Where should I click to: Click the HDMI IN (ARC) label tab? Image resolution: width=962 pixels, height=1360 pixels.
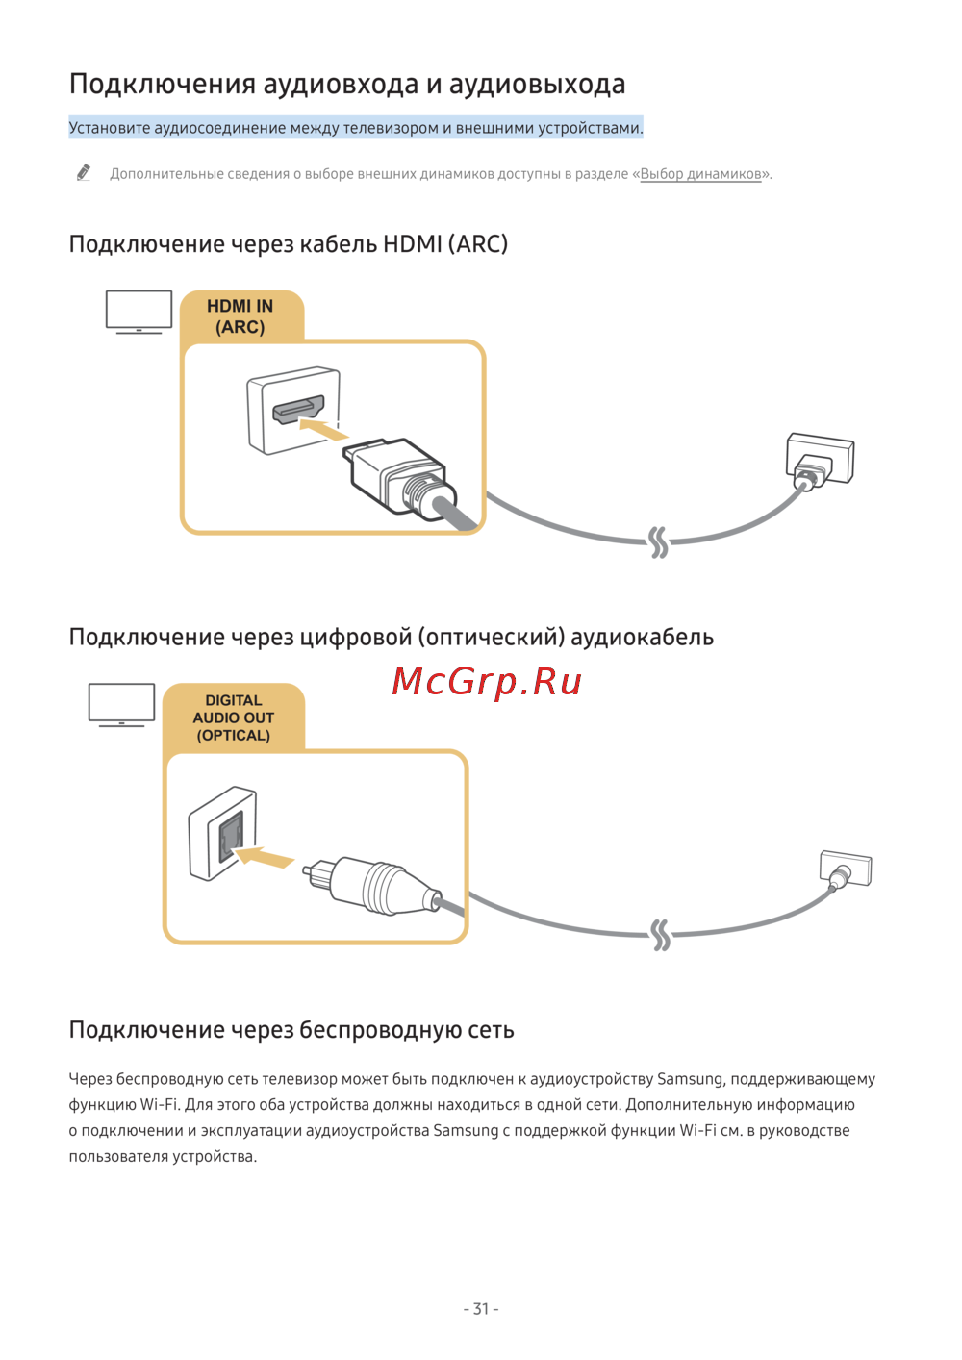[x=240, y=316]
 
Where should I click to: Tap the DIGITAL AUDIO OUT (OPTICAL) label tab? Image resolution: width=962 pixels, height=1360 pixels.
[x=234, y=718]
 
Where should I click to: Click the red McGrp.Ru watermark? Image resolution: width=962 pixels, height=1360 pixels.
[x=487, y=682]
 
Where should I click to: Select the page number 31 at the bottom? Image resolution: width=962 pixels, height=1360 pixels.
[x=481, y=1308]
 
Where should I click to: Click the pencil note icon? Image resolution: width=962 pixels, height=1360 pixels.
[x=84, y=173]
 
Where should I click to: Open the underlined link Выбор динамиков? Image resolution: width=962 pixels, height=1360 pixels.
[x=700, y=174]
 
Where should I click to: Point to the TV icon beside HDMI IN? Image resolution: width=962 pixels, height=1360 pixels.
[x=139, y=312]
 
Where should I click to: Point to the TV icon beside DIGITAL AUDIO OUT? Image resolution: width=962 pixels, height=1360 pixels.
[x=121, y=704]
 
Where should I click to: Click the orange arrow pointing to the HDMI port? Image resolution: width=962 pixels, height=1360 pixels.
[x=324, y=427]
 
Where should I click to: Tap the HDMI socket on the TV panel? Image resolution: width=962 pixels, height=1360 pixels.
[x=297, y=410]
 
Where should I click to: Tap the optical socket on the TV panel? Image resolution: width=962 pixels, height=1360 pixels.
[x=230, y=835]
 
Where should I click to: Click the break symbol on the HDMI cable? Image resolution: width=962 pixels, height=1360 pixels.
[x=658, y=542]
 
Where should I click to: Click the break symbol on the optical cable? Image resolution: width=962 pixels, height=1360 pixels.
[x=660, y=935]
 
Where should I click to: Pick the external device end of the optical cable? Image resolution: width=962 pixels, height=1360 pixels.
[x=845, y=869]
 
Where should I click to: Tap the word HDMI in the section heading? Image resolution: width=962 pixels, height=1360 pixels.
[x=412, y=244]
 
